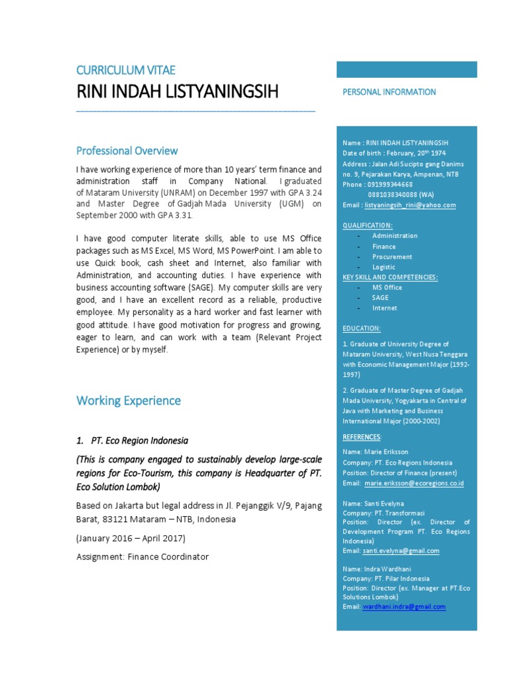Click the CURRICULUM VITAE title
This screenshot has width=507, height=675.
(x=125, y=70)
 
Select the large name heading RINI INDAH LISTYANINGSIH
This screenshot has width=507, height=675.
(x=178, y=92)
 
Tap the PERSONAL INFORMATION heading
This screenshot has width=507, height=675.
(x=389, y=92)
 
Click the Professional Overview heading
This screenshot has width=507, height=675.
(x=127, y=150)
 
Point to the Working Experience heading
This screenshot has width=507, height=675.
(x=128, y=400)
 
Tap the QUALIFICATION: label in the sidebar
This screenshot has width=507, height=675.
(x=367, y=225)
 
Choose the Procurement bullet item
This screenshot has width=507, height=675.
(x=391, y=256)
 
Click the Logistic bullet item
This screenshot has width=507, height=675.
(x=384, y=267)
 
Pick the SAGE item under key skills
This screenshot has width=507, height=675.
(x=380, y=298)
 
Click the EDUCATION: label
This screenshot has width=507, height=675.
(x=361, y=328)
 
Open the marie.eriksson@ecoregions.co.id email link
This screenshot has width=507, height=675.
(x=415, y=483)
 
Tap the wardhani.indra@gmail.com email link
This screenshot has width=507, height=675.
(x=403, y=606)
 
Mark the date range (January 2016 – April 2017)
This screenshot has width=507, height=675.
(x=126, y=538)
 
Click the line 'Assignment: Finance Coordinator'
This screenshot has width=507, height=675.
(x=142, y=557)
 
